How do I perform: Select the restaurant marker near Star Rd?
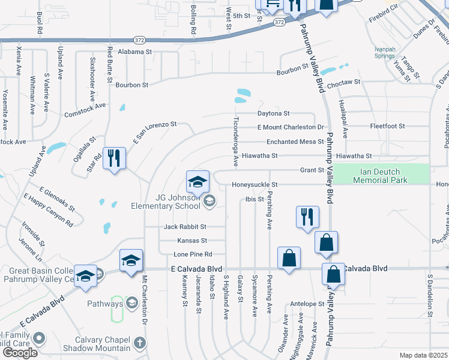click(x=113, y=159)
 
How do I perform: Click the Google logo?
click(x=20, y=353)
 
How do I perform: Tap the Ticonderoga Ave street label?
click(x=237, y=142)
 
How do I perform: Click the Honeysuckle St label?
click(x=255, y=185)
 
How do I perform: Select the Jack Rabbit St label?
click(x=185, y=227)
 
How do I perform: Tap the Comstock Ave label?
click(x=85, y=109)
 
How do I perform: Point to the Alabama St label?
click(x=134, y=52)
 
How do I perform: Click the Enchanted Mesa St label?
click(x=295, y=142)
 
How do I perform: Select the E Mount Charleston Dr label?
click(x=291, y=127)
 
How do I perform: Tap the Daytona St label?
click(x=274, y=113)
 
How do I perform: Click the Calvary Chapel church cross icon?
click(x=139, y=343)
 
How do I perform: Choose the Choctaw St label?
click(x=340, y=82)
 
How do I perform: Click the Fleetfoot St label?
click(x=388, y=127)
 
